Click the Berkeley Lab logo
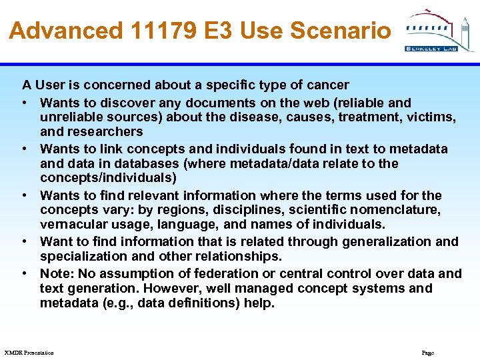pyautogui.click(x=439, y=30)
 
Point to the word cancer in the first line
pyautogui.click(x=327, y=85)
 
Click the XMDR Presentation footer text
pyautogui.click(x=29, y=353)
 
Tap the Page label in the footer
pyautogui.click(x=428, y=353)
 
